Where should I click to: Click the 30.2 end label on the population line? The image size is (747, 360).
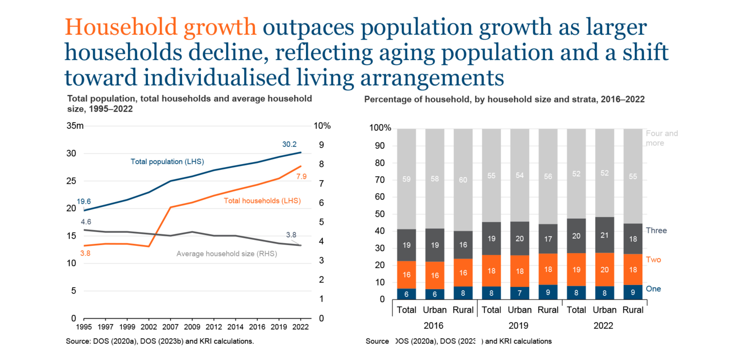click(x=289, y=144)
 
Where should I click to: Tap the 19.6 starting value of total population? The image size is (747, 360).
click(x=84, y=201)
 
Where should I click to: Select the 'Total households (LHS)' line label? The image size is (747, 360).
click(x=262, y=201)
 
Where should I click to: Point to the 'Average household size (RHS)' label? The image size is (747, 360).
click(x=226, y=254)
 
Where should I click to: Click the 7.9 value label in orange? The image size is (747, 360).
click(x=301, y=177)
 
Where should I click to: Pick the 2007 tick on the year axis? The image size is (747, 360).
click(x=170, y=327)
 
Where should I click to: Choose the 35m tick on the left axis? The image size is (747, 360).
click(x=75, y=126)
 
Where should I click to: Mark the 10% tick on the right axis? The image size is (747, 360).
click(x=322, y=126)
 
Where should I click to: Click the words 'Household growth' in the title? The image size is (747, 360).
click(x=160, y=27)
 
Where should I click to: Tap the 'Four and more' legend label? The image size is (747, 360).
click(x=661, y=138)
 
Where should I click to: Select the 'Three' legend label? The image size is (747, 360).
click(x=656, y=230)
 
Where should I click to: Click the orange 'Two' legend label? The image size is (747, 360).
click(x=653, y=259)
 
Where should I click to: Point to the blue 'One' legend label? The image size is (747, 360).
click(x=653, y=289)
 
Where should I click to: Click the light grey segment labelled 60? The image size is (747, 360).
click(x=463, y=180)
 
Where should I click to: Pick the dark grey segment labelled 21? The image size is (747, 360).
click(x=604, y=235)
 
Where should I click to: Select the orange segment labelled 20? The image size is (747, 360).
click(x=604, y=269)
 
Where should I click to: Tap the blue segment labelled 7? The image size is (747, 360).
click(x=519, y=293)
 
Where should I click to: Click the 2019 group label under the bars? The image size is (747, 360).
click(x=518, y=325)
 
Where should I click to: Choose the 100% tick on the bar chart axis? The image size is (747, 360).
click(x=380, y=128)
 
